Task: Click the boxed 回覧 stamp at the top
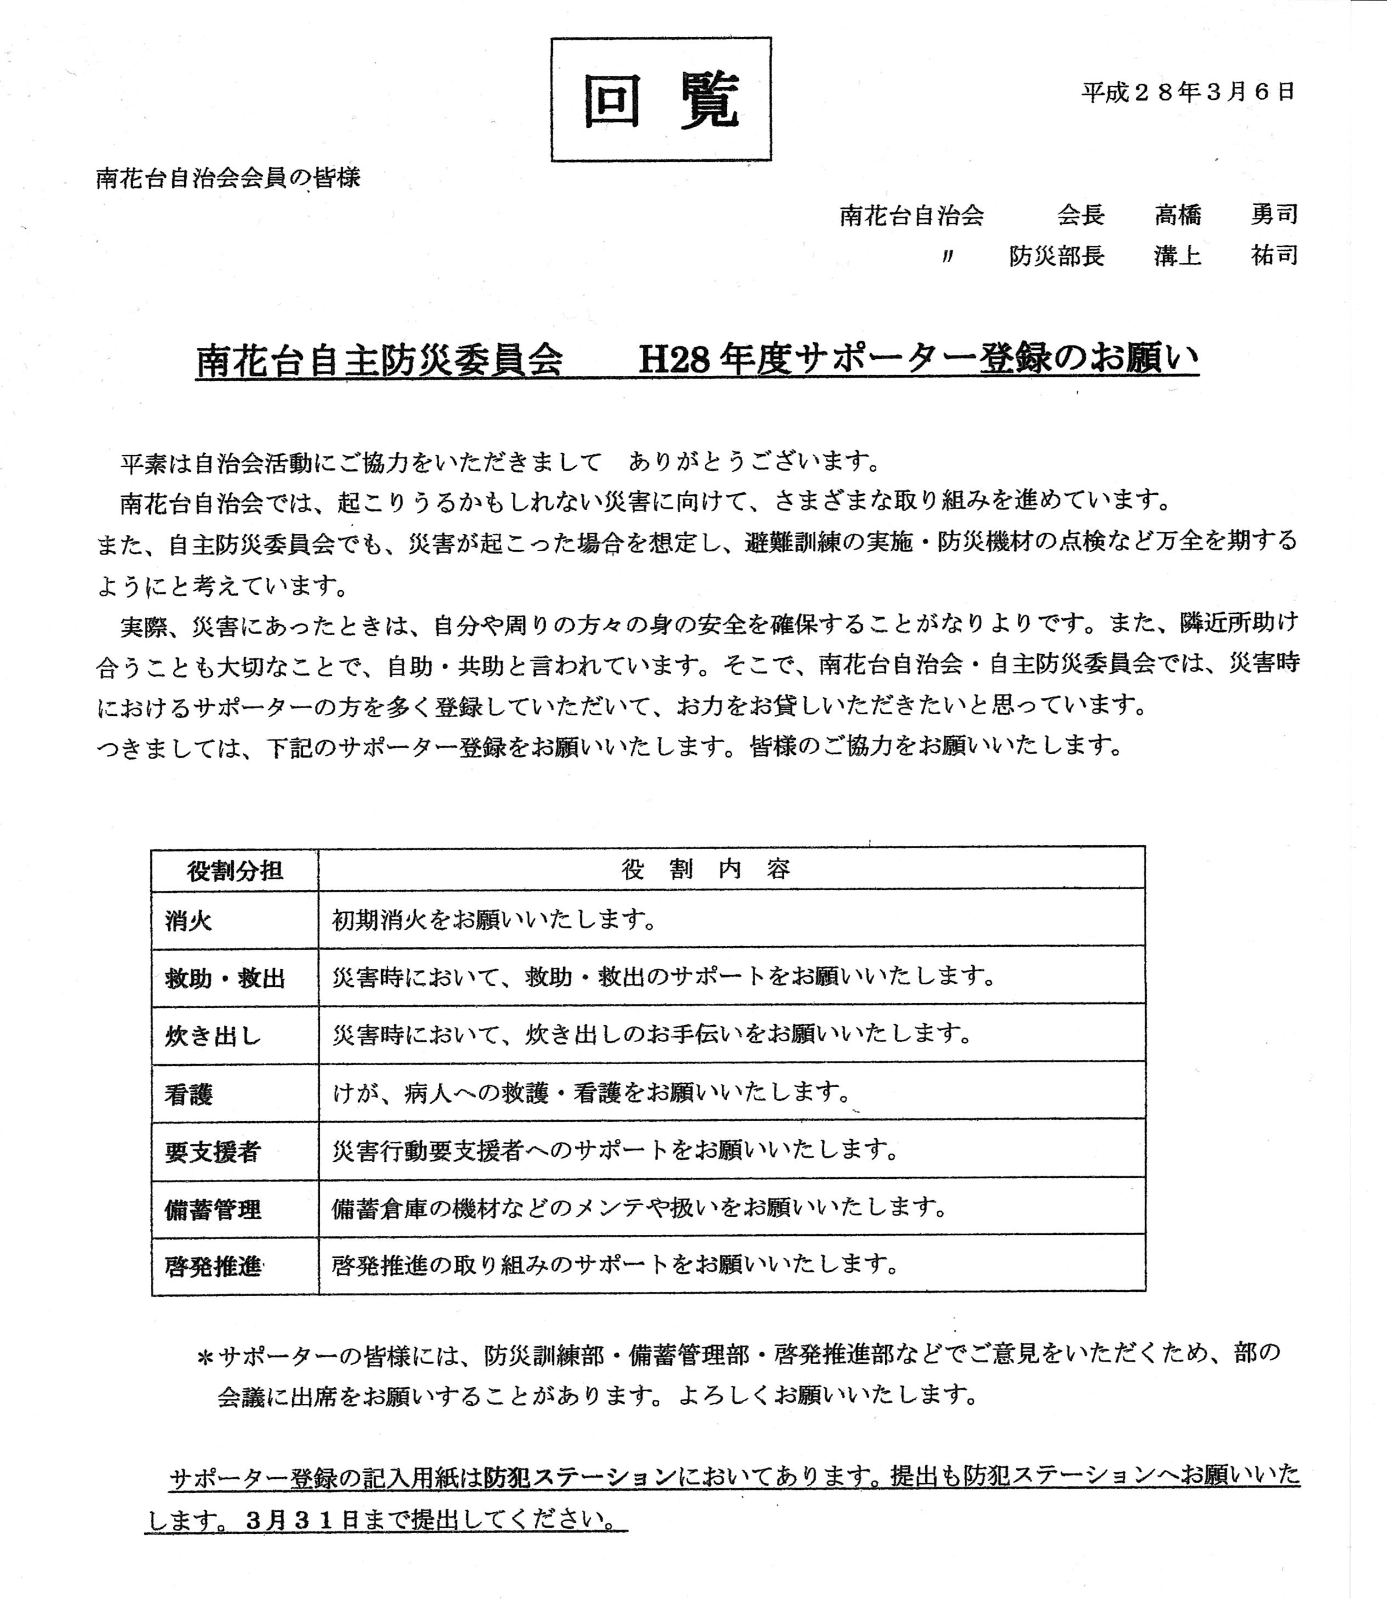pos(661,100)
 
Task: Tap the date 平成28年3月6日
pos(1187,93)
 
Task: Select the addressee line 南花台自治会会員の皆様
pos(228,179)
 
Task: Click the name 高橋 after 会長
pos(1177,214)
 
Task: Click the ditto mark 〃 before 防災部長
pos(947,257)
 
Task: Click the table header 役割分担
pos(235,870)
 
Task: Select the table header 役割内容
pos(706,869)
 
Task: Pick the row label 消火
pos(188,920)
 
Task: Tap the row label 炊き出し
pos(213,1036)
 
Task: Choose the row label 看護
pos(188,1094)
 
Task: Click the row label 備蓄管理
pos(212,1209)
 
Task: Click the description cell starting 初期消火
pos(495,919)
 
